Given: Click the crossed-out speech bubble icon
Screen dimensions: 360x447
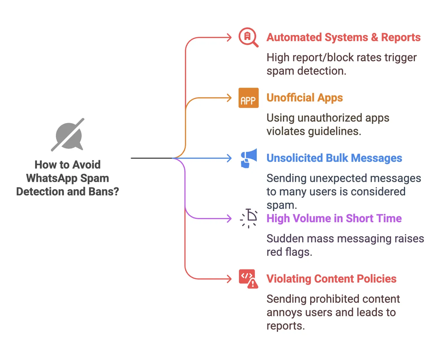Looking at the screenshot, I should tap(68, 135).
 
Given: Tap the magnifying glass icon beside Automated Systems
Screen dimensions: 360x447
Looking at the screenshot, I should tap(248, 37).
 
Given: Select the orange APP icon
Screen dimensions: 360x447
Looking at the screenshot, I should tap(248, 98).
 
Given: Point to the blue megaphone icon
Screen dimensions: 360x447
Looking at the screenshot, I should tap(249, 158).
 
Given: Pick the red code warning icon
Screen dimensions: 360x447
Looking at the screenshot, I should tap(248, 279).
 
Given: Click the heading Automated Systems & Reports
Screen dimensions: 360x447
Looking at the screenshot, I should tap(343, 37).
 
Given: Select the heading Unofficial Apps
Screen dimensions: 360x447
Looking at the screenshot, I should tap(305, 98).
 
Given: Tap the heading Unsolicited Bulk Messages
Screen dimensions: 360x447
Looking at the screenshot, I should tap(334, 158).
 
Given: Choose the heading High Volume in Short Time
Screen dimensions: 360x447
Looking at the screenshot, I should tap(334, 218).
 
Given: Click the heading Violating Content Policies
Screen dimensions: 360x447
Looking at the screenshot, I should tap(331, 279).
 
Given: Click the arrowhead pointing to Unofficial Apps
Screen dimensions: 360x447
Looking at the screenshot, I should tap(229, 98).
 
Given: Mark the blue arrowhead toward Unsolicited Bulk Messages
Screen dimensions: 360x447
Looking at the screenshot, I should tap(229, 158).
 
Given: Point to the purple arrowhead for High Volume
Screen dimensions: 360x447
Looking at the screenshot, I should tap(229, 218).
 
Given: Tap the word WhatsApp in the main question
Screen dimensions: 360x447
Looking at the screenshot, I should tap(52, 178).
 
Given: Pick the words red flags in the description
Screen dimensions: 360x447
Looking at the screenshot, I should tap(289, 252).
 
